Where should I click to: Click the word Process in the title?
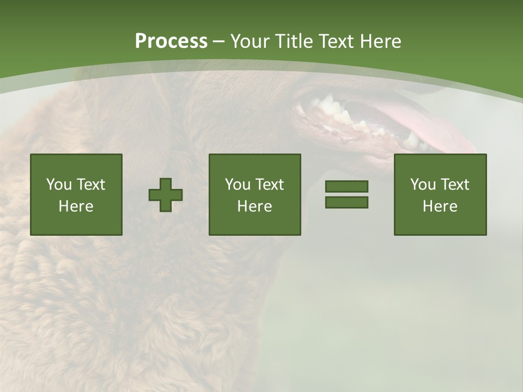pos(171,41)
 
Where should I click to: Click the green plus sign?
pos(166,195)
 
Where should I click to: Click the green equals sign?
pos(346,194)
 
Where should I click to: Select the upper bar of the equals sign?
pos(346,187)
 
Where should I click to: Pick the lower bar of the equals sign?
pos(346,203)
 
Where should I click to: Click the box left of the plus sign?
pos(76,195)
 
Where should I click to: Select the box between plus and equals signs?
pos(254,195)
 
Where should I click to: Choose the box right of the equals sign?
pos(440,195)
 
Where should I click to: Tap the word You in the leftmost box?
pos(59,185)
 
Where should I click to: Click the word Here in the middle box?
pos(254,206)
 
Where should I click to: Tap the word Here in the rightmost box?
pos(440,206)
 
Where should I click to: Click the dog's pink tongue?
pos(430,128)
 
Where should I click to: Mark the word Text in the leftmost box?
pos(90,185)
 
